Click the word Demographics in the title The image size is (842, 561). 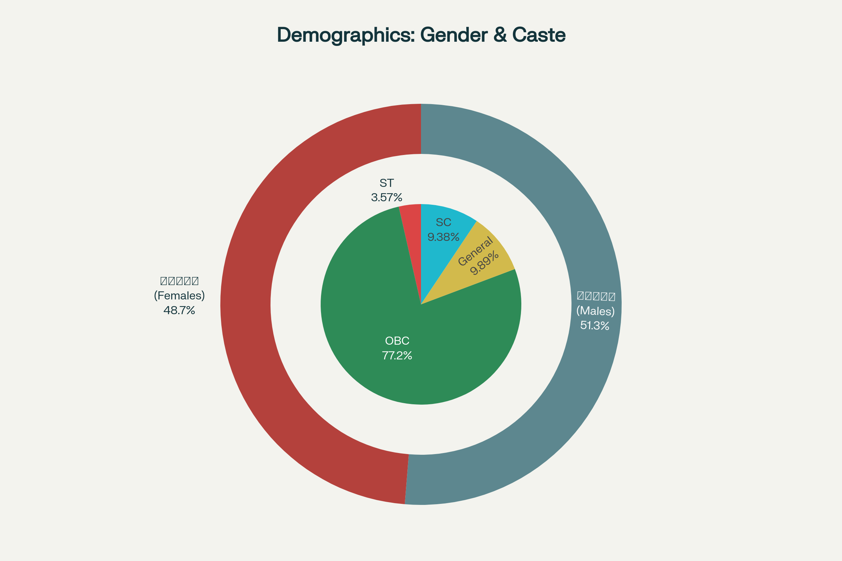click(x=346, y=35)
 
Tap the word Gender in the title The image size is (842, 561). click(x=454, y=35)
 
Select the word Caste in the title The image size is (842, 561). click(x=539, y=35)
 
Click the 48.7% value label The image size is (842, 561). click(x=179, y=310)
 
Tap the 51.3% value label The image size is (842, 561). click(x=595, y=325)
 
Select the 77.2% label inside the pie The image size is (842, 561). click(x=397, y=355)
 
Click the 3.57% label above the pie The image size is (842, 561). click(x=387, y=197)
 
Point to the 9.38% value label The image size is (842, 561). click(x=443, y=237)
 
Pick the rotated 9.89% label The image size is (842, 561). click(x=484, y=263)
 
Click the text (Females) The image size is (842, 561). click(x=179, y=296)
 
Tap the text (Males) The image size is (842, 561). click(x=595, y=311)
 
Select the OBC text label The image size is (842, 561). click(x=397, y=340)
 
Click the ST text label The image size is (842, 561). click(x=387, y=183)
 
